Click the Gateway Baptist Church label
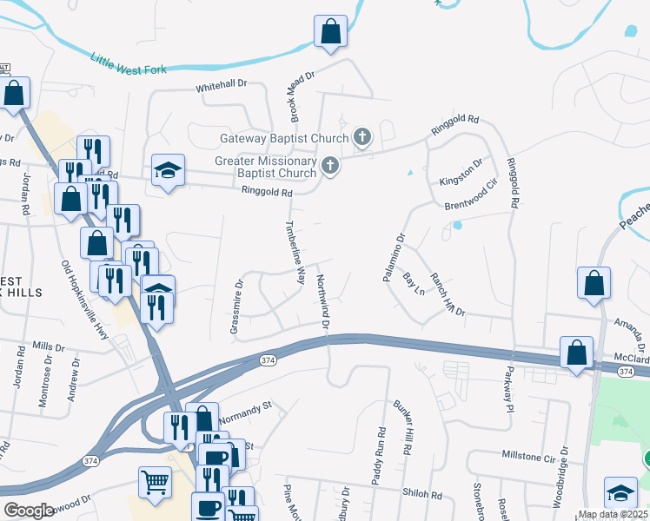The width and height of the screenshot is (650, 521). [x=284, y=137]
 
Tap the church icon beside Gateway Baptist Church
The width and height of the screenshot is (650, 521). [x=362, y=136]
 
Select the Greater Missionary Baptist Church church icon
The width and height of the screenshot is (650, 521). [x=329, y=164]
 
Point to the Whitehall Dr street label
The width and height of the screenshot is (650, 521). [x=222, y=88]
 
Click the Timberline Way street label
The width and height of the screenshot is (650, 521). [x=295, y=252]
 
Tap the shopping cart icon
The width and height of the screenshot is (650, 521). [x=155, y=483]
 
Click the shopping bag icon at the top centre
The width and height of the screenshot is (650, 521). [x=330, y=31]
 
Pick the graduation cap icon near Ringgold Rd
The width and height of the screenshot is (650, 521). [x=169, y=170]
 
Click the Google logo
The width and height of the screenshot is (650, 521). [x=30, y=511]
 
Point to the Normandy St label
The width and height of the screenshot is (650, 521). [x=245, y=405]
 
